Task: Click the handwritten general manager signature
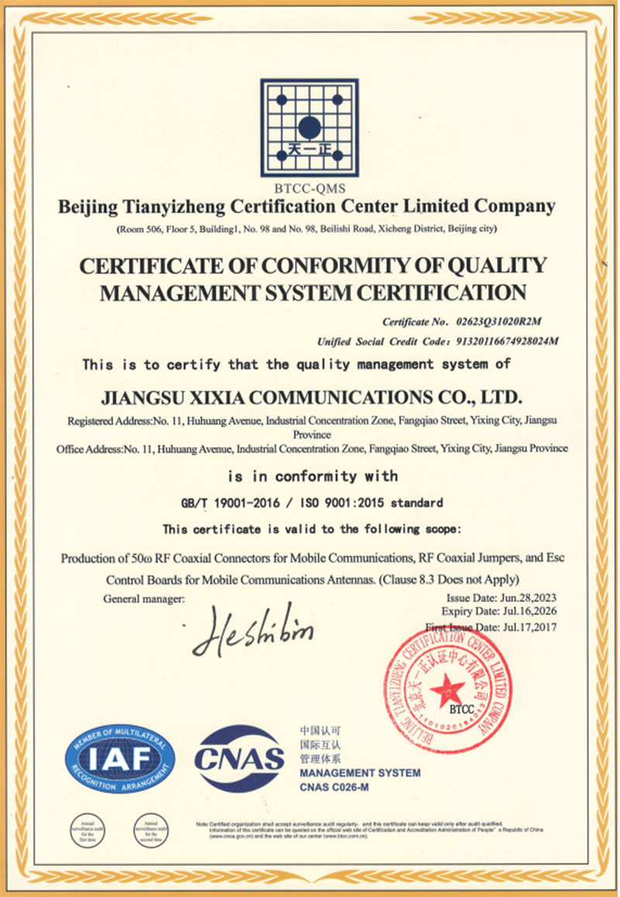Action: pyautogui.click(x=252, y=631)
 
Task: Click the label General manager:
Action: pyautogui.click(x=144, y=599)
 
